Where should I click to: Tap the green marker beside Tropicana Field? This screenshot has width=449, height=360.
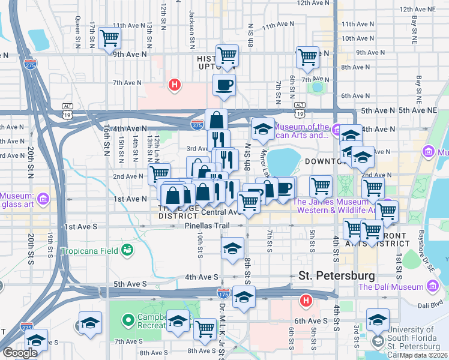pos(127,249)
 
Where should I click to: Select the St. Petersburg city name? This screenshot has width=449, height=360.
pos(337,276)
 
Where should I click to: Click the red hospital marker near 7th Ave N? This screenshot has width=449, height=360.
pos(175,85)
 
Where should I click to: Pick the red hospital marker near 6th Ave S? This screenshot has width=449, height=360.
pos(306,300)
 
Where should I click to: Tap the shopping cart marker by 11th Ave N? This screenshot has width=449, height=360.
pos(110,38)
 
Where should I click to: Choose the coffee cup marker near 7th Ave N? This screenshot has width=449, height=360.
pos(224,85)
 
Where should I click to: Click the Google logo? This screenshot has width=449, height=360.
pos(20,353)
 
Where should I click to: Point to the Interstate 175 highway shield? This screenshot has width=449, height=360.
pos(223,292)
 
